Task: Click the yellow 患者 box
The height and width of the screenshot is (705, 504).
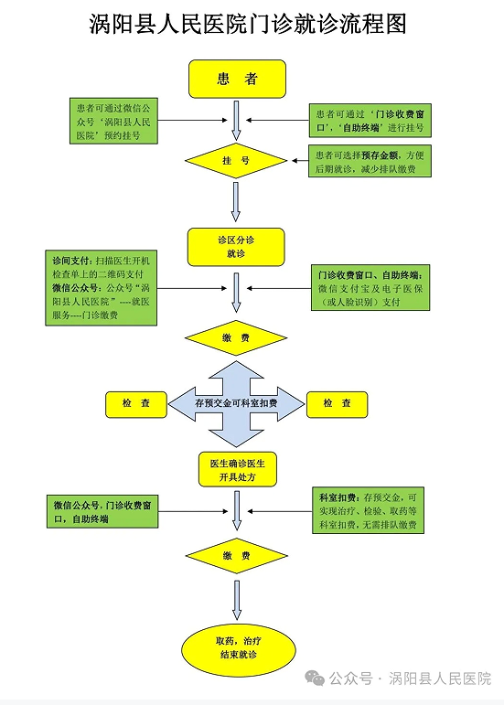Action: pos(236,79)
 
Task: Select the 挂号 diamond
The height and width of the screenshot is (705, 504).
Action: pos(236,161)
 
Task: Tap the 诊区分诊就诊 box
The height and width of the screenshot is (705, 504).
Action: pos(236,246)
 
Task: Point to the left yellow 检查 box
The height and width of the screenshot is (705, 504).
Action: pos(136,403)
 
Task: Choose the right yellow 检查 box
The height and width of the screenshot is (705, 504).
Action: pos(337,403)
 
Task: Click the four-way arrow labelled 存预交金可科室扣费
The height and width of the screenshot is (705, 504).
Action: pos(236,403)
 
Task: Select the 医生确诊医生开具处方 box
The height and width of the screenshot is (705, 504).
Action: pos(236,469)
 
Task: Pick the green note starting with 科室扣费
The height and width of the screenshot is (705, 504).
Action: pos(368,511)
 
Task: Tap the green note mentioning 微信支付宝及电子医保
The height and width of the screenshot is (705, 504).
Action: pos(371,287)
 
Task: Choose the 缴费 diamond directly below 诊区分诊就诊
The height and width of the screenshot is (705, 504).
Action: pos(236,337)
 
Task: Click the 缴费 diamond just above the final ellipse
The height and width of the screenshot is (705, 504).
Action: pos(236,555)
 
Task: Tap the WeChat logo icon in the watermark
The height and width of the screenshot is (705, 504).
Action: pos(315,678)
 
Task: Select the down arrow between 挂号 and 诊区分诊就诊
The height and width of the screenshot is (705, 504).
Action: pos(236,201)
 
